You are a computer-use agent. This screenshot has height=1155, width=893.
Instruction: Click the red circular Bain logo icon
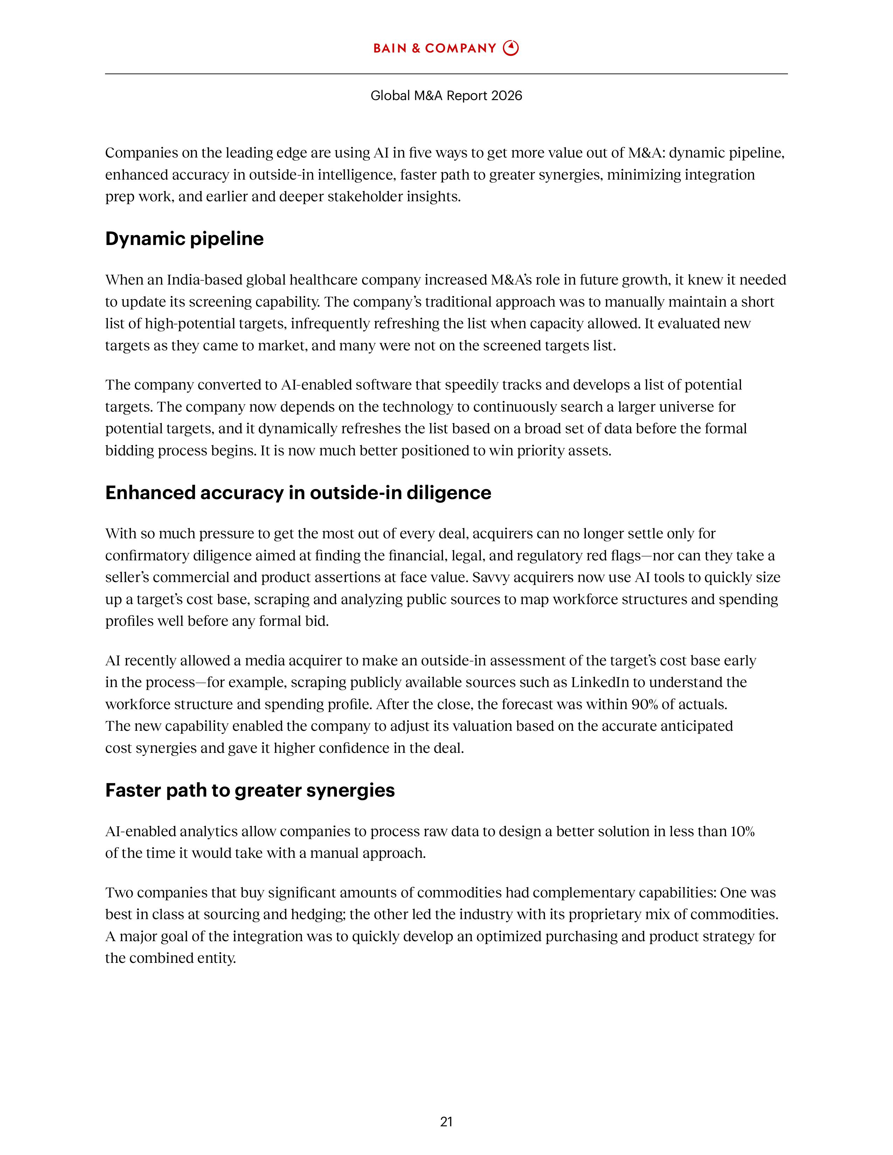click(x=511, y=48)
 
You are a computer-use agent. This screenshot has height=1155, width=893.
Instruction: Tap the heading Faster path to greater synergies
click(x=250, y=790)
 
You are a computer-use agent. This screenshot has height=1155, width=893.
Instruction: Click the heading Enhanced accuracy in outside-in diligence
click(x=298, y=492)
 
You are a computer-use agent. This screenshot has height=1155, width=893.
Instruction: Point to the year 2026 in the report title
click(x=506, y=96)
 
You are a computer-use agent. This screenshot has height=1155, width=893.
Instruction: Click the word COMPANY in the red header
click(x=460, y=49)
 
